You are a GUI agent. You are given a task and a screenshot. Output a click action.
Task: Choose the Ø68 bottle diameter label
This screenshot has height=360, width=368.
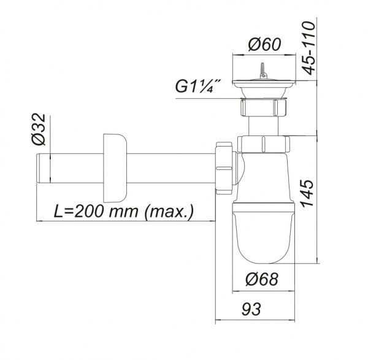(x=263, y=280)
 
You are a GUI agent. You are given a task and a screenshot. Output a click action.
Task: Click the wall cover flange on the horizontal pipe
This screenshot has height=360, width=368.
(x=114, y=166)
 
